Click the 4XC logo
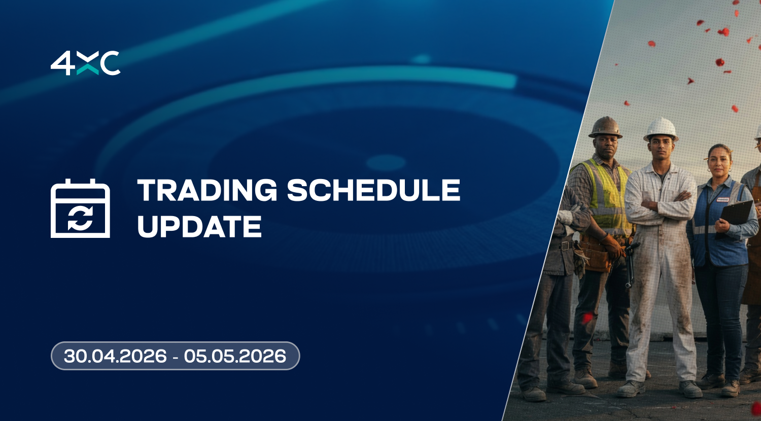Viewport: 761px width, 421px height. click(85, 63)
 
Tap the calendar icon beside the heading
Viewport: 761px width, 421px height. click(80, 208)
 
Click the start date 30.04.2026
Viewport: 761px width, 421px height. click(116, 356)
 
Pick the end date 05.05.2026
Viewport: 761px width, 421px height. click(235, 356)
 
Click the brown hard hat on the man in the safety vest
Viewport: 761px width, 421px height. click(605, 127)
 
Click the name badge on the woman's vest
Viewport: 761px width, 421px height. click(724, 199)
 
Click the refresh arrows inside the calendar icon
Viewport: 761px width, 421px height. click(80, 219)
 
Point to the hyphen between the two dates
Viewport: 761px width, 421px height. click(176, 357)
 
